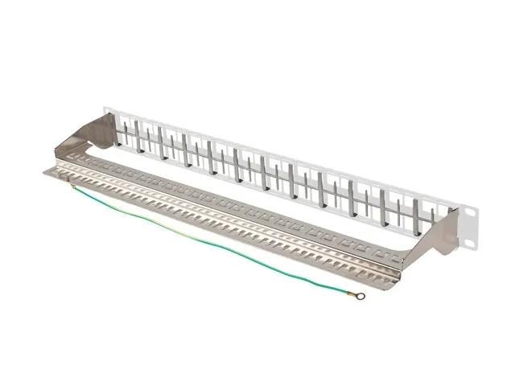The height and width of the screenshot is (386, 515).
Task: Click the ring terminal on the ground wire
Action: pos(360,296)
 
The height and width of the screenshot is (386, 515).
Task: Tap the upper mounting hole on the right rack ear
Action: pos(472,212)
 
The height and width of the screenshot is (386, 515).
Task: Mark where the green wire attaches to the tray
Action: pos(72,187)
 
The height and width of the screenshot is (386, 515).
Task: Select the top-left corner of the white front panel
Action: pos(105,105)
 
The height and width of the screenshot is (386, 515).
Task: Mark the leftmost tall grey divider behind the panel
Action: pos(137,137)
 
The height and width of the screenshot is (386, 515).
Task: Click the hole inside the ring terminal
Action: pos(361,296)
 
